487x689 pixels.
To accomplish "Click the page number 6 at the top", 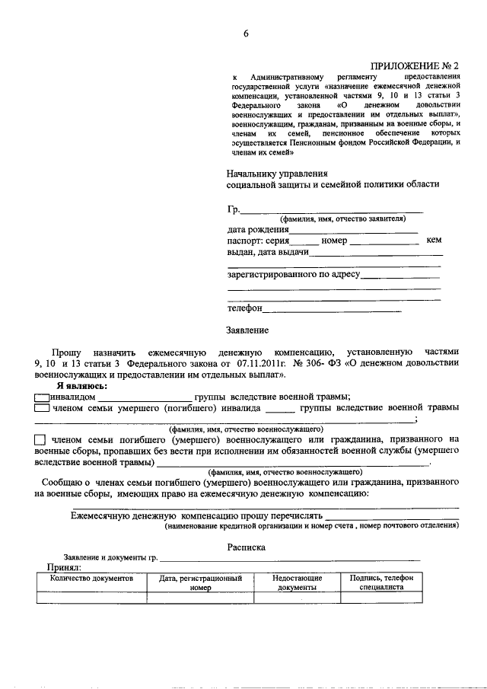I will (246, 32).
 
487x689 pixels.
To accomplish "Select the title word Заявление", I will (247, 330).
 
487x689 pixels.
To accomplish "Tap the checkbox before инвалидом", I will (42, 396).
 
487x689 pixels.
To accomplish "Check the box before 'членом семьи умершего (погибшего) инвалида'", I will (42, 408).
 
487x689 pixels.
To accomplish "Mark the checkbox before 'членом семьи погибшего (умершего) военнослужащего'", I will (40, 440).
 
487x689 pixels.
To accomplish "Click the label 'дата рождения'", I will (258, 229).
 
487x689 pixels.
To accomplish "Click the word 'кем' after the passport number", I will (434, 241).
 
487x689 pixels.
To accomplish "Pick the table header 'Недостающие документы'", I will (297, 583).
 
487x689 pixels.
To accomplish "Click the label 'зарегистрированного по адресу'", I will (293, 273).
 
